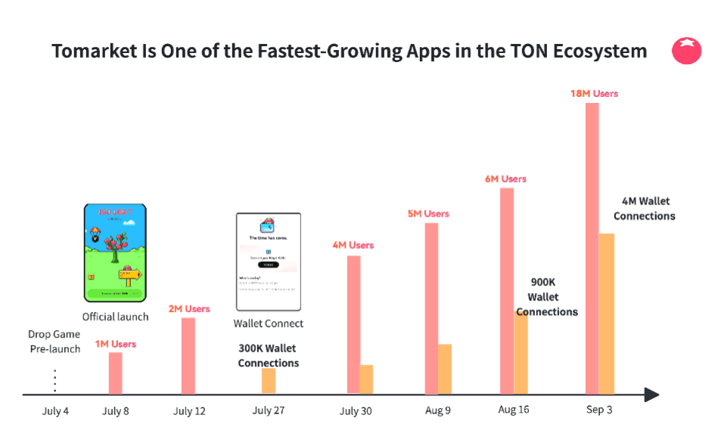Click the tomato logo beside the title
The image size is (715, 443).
point(687,51)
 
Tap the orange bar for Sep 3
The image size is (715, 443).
point(607,314)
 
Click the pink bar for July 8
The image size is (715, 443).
point(115,373)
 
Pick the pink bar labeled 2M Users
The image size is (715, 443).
point(188,356)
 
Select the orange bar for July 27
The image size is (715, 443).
point(269,381)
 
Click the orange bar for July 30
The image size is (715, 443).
point(366,379)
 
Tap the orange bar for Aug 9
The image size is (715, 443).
point(445,369)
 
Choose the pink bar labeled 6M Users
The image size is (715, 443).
point(507,291)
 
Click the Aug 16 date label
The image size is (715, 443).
point(514,410)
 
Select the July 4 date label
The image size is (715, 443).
point(55,411)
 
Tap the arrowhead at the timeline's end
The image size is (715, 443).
point(651,395)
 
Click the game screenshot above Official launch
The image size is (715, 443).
point(115,253)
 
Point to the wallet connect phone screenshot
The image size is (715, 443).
point(269,262)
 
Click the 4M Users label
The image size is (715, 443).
point(353,245)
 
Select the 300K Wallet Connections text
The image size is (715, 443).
point(268,356)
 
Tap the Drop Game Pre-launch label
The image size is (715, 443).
point(54,342)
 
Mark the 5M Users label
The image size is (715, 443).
point(428,214)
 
